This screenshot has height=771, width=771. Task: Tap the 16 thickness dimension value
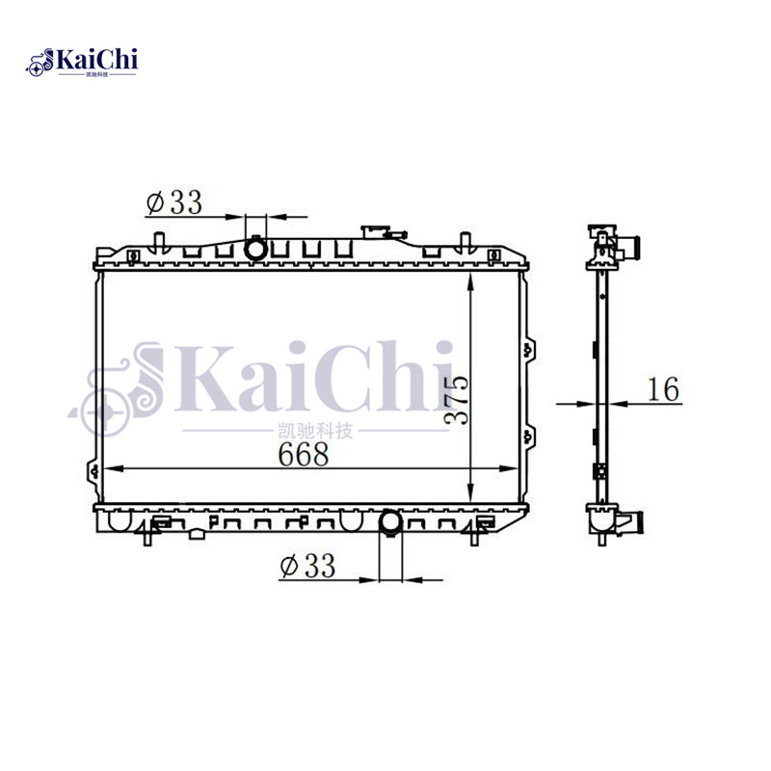pos(662,389)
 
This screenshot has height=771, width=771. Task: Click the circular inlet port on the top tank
pos(257,249)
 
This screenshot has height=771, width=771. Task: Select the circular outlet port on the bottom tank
pos(391,523)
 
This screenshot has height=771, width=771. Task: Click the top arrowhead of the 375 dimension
pos(468,279)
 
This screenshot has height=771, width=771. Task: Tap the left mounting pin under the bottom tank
pos(147,538)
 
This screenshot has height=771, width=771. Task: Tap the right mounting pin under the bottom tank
pos(473,538)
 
